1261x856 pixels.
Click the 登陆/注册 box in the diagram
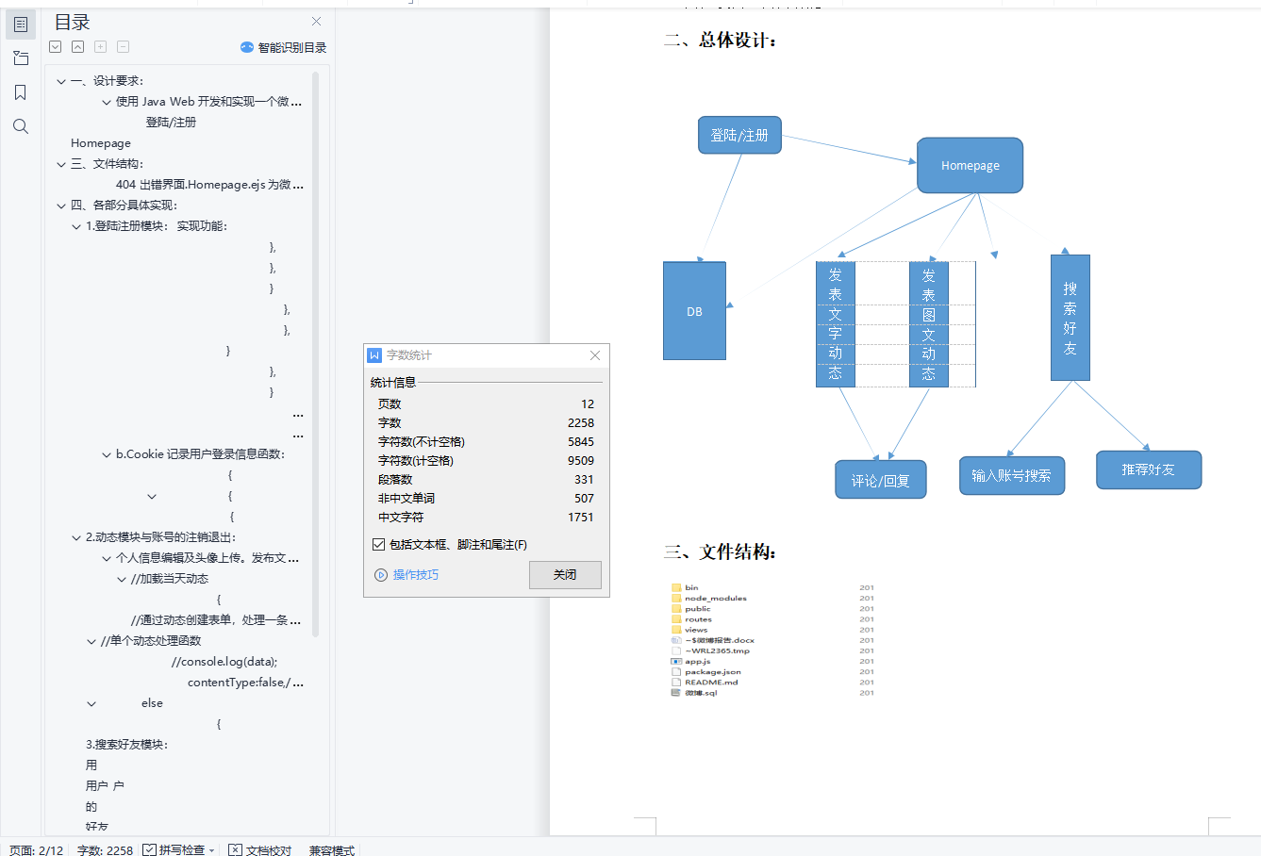point(739,135)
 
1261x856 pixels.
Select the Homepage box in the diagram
point(970,166)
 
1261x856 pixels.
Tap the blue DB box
point(694,311)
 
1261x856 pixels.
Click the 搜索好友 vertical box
point(1070,318)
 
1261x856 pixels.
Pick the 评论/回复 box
point(880,480)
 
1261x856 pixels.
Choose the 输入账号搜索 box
point(1011,475)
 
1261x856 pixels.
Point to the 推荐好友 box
point(1148,469)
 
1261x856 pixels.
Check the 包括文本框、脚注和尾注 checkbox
point(379,544)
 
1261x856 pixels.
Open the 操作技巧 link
point(415,574)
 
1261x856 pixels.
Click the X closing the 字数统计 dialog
point(595,355)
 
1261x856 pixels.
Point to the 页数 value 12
point(588,403)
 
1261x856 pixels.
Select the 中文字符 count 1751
point(581,517)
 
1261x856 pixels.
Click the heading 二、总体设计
point(721,41)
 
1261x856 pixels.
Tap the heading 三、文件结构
point(720,551)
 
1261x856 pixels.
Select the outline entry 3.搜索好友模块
point(126,744)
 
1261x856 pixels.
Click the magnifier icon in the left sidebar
point(21,126)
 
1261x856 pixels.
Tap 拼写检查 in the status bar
point(180,849)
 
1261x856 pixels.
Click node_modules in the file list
point(715,598)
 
